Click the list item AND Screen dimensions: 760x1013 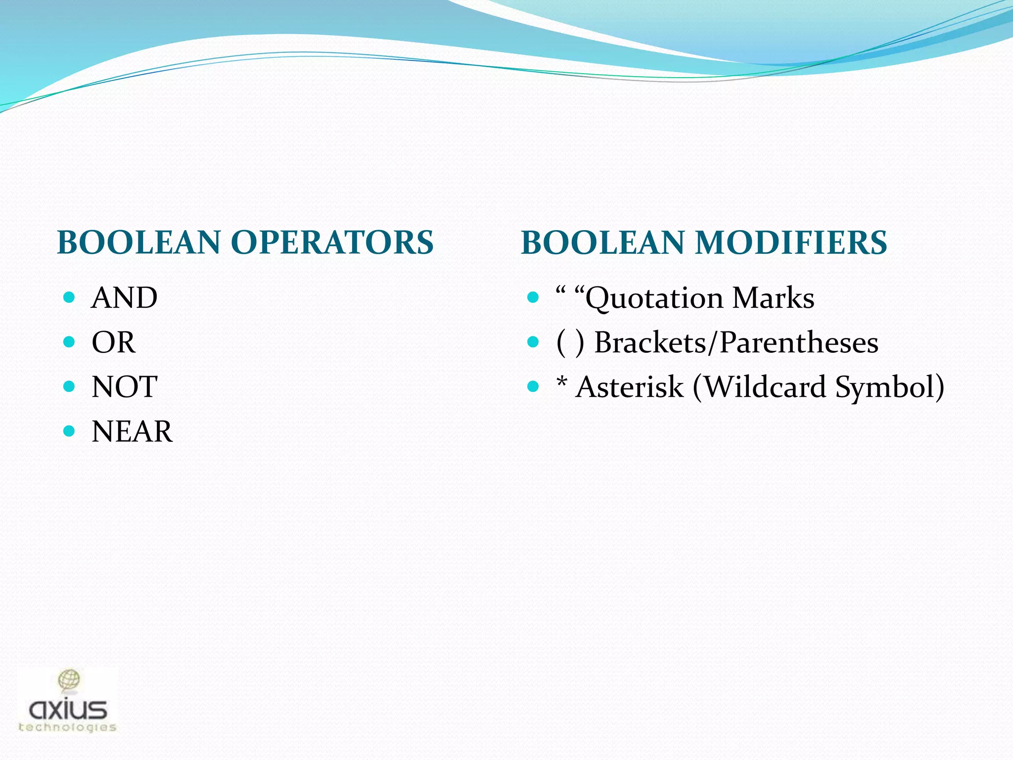click(x=124, y=298)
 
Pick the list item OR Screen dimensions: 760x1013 click(x=113, y=342)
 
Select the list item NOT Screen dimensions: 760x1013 click(x=124, y=387)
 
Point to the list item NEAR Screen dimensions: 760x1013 click(x=132, y=431)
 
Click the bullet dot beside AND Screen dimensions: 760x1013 click(x=69, y=297)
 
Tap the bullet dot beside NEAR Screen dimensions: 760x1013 click(x=69, y=431)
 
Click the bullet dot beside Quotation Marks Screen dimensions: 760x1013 click(x=533, y=297)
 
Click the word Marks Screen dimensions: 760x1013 click(x=773, y=298)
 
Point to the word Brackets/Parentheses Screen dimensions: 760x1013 click(x=736, y=342)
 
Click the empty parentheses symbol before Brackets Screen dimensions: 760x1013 click(x=570, y=342)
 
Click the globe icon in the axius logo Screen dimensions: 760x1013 click(x=69, y=681)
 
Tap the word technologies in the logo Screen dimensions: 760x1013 click(x=67, y=727)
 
